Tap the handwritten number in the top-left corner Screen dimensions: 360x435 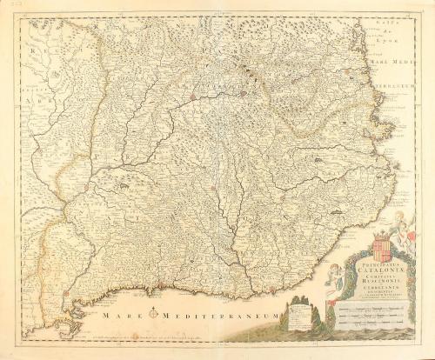click(9, 5)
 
